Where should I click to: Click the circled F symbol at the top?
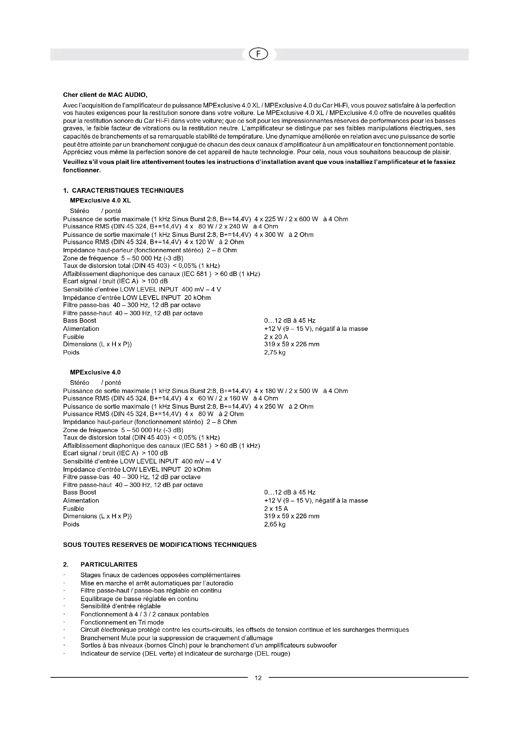(x=259, y=55)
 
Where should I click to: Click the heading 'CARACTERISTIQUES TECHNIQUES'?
(x=127, y=191)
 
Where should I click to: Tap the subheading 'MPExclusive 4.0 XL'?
(x=100, y=201)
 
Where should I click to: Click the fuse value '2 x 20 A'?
(x=276, y=337)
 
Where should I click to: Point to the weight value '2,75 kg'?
(x=275, y=353)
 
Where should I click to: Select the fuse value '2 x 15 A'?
(x=276, y=509)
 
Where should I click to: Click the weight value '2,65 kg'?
(x=275, y=524)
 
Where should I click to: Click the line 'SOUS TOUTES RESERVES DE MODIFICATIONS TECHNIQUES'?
(x=159, y=545)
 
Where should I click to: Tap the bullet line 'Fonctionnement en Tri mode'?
(x=122, y=622)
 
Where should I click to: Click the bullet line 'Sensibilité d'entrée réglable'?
(x=121, y=606)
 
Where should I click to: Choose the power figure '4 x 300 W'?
(x=269, y=235)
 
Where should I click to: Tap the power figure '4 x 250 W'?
(x=269, y=406)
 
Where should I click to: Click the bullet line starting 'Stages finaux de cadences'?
(x=160, y=575)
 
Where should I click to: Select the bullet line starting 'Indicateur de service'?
(x=185, y=653)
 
